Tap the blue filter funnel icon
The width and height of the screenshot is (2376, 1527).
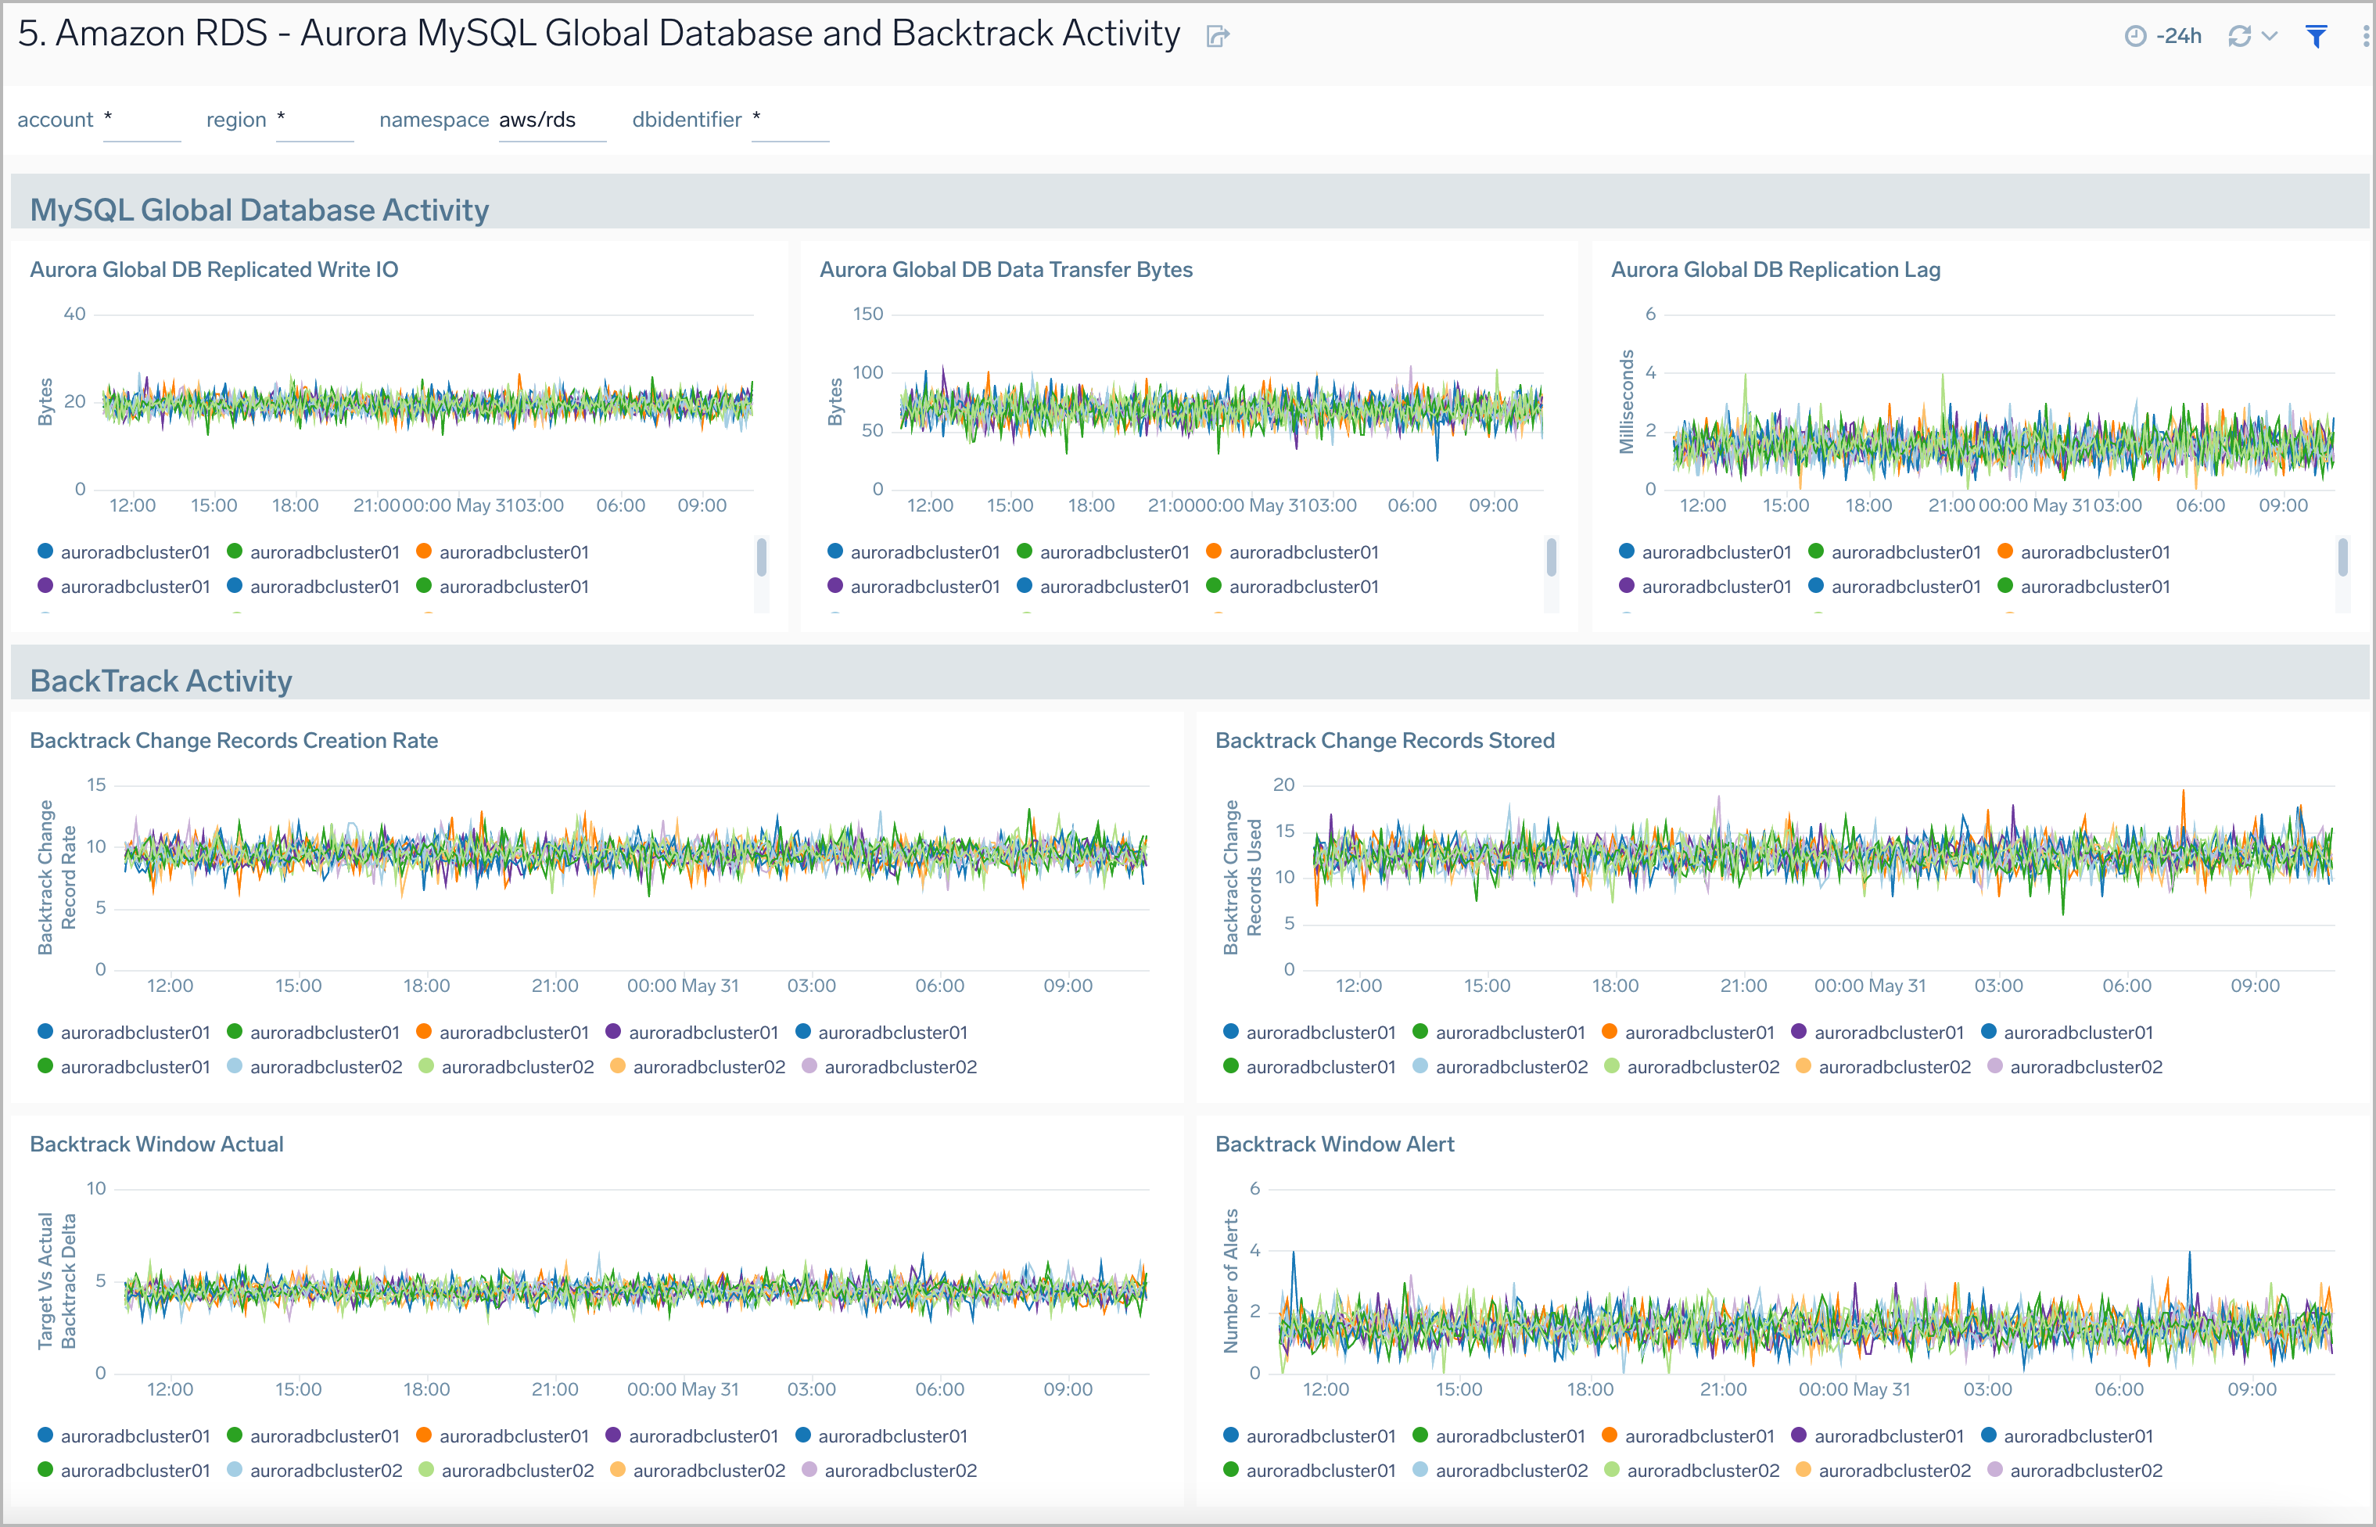coord(2317,37)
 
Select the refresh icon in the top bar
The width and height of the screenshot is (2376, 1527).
coord(2239,37)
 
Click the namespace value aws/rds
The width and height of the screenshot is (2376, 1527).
coord(537,120)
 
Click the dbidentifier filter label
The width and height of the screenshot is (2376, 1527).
coord(686,120)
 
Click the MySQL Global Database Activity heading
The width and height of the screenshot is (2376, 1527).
coord(259,210)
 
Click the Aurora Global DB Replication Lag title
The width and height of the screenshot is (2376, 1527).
coord(1775,270)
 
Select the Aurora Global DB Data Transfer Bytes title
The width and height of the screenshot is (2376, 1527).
coord(1005,270)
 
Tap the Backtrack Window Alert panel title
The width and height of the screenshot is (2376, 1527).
coord(1334,1144)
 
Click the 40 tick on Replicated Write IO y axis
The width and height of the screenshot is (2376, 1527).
coord(74,314)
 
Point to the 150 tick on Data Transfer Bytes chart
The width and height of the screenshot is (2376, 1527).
coord(867,314)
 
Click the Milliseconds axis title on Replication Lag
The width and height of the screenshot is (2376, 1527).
coord(1626,401)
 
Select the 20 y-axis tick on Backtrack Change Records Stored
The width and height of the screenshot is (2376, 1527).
coord(1283,785)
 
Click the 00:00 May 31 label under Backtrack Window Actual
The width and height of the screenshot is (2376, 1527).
coord(683,1389)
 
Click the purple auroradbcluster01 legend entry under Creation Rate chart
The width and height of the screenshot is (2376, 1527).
coord(692,1033)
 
